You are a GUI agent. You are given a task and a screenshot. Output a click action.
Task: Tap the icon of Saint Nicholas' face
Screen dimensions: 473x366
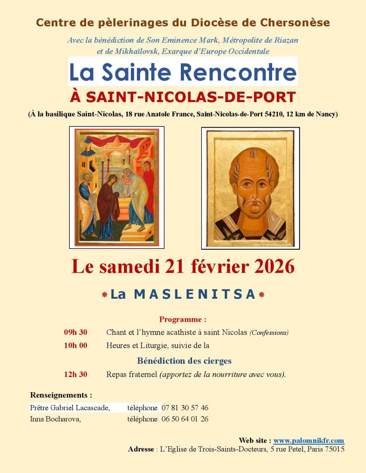[250, 187]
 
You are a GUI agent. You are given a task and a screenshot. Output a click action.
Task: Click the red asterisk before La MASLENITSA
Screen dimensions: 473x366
[105, 295]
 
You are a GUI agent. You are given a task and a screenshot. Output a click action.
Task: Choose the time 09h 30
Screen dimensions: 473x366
[75, 332]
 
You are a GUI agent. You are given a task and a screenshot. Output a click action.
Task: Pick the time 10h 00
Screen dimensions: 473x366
[75, 345]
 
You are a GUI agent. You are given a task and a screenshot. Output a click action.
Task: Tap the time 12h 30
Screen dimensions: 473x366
[75, 375]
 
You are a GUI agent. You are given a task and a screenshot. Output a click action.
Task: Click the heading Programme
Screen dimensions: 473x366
[183, 319]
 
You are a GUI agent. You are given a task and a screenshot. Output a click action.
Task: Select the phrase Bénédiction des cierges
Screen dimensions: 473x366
[184, 361]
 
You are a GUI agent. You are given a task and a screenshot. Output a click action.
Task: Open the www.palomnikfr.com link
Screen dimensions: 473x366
[309, 441]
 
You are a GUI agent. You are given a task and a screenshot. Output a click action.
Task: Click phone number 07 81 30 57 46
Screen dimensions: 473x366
[185, 408]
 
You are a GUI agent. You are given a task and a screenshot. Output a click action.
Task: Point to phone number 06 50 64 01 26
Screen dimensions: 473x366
[185, 419]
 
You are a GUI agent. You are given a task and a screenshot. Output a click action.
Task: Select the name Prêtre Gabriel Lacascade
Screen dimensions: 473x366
[70, 408]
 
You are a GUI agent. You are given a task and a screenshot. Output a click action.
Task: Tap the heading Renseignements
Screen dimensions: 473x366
[61, 395]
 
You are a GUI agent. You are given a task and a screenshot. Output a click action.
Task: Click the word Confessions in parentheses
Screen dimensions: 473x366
[269, 332]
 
